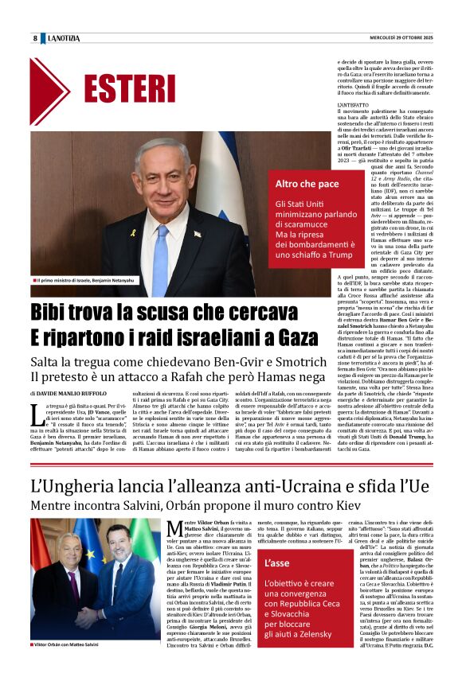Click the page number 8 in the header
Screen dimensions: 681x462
(35, 38)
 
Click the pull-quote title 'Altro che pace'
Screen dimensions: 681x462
(307, 184)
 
